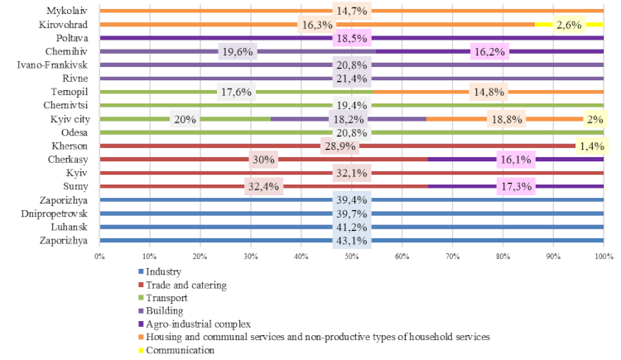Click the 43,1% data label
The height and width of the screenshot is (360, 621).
(351, 241)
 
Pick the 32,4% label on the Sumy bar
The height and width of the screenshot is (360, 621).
(264, 187)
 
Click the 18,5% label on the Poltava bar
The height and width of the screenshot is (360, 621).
(351, 38)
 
